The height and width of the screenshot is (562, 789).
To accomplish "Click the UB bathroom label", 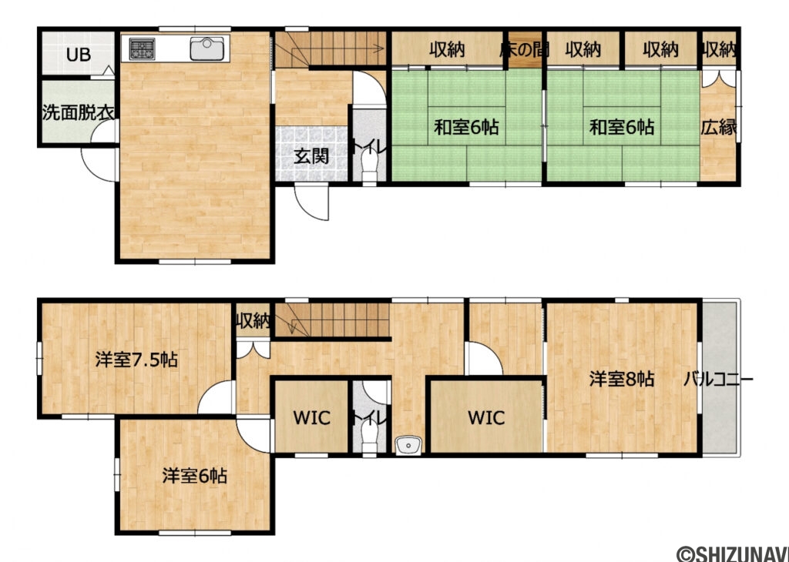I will point(77,55).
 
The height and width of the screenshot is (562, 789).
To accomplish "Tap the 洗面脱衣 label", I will point(77,111).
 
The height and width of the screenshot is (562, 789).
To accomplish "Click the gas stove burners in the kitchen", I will point(143,49).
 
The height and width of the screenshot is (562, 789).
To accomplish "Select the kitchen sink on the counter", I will point(206,49).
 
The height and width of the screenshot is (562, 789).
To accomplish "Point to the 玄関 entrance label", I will point(311,155).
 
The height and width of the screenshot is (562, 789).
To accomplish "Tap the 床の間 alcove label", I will point(524,50).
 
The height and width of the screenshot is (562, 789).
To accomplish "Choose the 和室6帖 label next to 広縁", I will point(622,127).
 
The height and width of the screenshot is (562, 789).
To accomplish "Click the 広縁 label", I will point(718,127).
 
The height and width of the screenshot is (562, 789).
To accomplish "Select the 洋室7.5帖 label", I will point(137,359).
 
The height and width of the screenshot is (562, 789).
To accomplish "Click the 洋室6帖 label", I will point(194,476).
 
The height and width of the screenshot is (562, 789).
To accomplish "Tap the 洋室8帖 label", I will point(622,379).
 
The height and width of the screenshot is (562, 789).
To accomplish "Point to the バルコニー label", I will point(718,379).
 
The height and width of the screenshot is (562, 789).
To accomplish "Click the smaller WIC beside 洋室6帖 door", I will point(311,418).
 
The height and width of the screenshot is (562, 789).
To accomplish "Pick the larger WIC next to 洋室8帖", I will point(486,418).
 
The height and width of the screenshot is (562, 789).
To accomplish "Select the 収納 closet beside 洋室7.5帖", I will point(253,320).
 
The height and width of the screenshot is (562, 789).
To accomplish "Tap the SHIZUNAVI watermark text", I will point(732,553).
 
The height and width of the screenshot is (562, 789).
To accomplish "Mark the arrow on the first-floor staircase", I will point(378,50).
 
